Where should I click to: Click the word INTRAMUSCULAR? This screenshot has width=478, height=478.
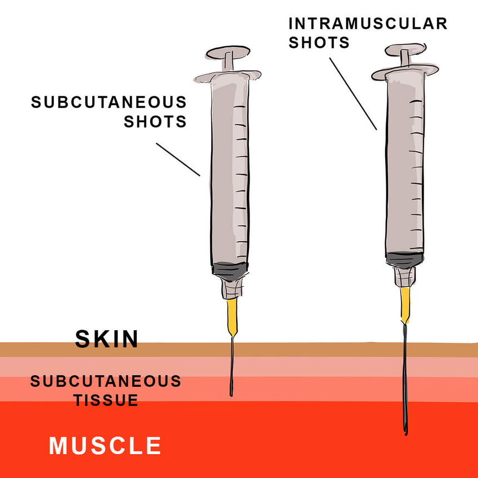click(368, 24)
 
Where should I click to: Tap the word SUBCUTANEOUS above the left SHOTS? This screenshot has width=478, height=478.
click(109, 102)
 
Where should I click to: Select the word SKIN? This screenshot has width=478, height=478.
click(107, 339)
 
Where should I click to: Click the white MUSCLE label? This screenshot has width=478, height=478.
click(105, 446)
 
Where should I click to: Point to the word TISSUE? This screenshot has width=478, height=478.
click(106, 400)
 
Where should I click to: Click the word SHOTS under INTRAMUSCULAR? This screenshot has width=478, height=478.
click(319, 42)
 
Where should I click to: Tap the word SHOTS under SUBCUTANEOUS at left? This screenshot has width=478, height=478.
click(155, 122)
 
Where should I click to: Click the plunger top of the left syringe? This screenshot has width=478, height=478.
click(228, 53)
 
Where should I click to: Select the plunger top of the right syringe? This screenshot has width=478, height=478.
click(405, 49)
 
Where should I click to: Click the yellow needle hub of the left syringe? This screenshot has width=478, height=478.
click(232, 317)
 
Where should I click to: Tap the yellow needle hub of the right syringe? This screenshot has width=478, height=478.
click(405, 305)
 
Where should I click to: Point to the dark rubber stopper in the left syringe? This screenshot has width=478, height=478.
click(230, 271)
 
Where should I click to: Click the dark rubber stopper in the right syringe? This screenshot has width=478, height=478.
click(405, 260)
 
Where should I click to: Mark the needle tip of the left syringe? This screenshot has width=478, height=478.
click(231, 396)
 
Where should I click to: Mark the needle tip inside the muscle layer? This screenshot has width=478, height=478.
click(406, 434)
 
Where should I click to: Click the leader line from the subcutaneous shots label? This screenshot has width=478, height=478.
click(178, 160)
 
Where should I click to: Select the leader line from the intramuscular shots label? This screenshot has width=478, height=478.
click(353, 93)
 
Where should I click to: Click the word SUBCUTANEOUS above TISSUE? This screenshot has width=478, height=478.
click(106, 381)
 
